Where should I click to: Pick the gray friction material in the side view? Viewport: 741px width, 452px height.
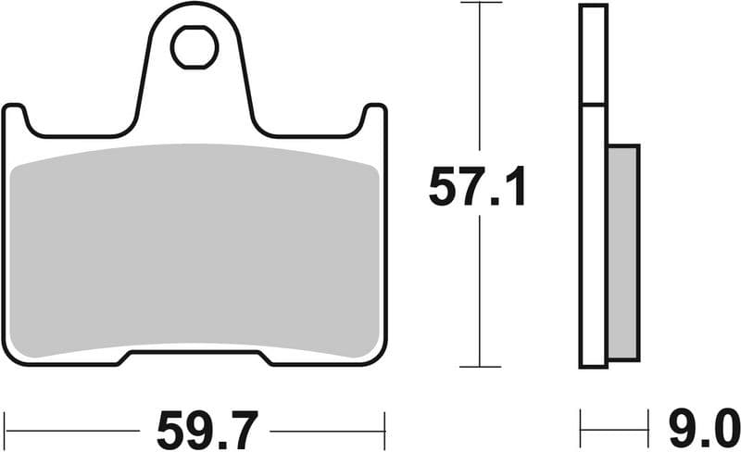623,252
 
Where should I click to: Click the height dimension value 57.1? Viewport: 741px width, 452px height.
477,189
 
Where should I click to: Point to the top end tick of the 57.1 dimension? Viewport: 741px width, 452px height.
479,4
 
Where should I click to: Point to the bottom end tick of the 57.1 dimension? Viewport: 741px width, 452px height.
479,367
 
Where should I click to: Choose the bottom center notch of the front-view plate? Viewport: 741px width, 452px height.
195,356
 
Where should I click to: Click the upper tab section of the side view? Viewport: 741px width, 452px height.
593,54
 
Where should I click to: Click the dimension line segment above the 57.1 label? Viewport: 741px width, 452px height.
479,83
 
